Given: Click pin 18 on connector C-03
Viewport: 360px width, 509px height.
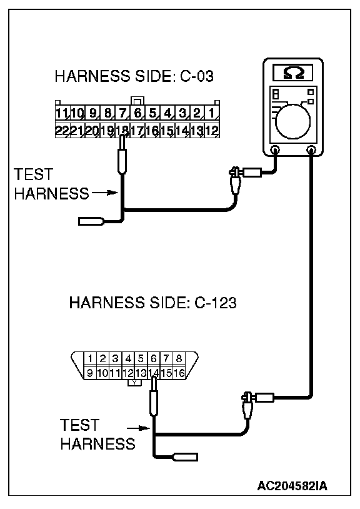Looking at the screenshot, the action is click(x=122, y=131).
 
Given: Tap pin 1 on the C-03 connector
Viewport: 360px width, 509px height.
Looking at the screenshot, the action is click(x=212, y=113).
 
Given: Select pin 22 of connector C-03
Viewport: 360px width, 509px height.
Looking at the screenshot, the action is click(x=62, y=131).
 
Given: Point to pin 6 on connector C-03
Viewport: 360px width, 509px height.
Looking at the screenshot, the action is click(x=137, y=113).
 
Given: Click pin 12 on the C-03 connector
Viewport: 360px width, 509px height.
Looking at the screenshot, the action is click(x=212, y=131).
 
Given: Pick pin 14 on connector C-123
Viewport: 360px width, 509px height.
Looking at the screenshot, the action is click(x=154, y=373).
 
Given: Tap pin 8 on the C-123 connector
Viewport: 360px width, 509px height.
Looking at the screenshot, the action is click(x=179, y=359).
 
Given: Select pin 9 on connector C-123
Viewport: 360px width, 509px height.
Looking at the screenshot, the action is click(x=90, y=373).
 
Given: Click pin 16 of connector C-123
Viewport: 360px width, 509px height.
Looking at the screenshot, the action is click(x=179, y=373).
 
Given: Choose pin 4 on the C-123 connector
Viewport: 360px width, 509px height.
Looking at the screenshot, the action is click(x=128, y=359).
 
